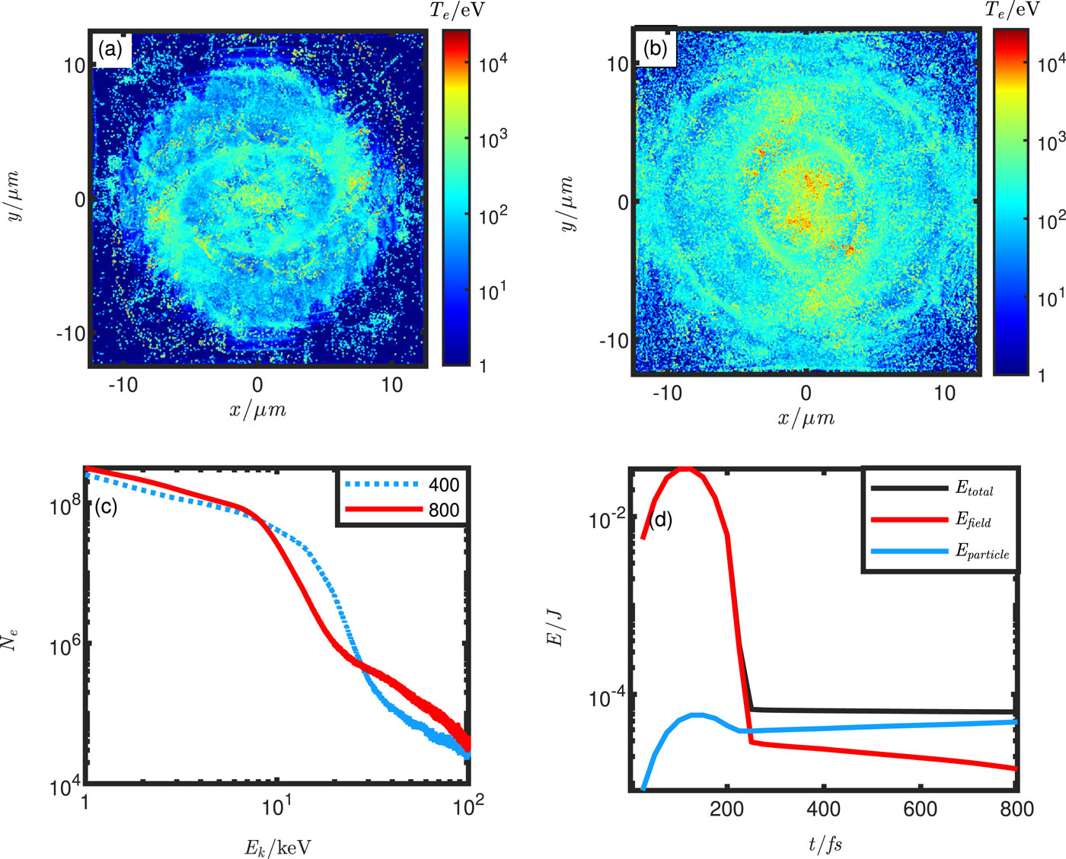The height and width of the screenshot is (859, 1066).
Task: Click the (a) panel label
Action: (110, 50)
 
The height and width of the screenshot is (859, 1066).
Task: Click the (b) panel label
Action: (655, 49)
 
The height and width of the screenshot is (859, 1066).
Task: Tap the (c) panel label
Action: (104, 507)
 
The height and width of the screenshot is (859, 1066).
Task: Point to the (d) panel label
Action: (659, 520)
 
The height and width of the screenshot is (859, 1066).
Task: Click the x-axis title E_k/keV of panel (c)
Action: (277, 847)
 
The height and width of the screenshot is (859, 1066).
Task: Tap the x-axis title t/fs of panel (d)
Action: (825, 843)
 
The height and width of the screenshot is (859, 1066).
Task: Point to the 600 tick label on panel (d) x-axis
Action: (920, 809)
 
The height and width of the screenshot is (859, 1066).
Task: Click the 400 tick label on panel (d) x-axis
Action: (823, 809)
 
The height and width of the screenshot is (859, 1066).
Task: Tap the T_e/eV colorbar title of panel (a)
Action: (458, 10)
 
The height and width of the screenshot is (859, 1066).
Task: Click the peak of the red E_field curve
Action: (687, 469)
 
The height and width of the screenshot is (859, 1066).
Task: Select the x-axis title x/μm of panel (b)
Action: (806, 418)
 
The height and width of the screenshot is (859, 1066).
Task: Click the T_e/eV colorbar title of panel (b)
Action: (1012, 10)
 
